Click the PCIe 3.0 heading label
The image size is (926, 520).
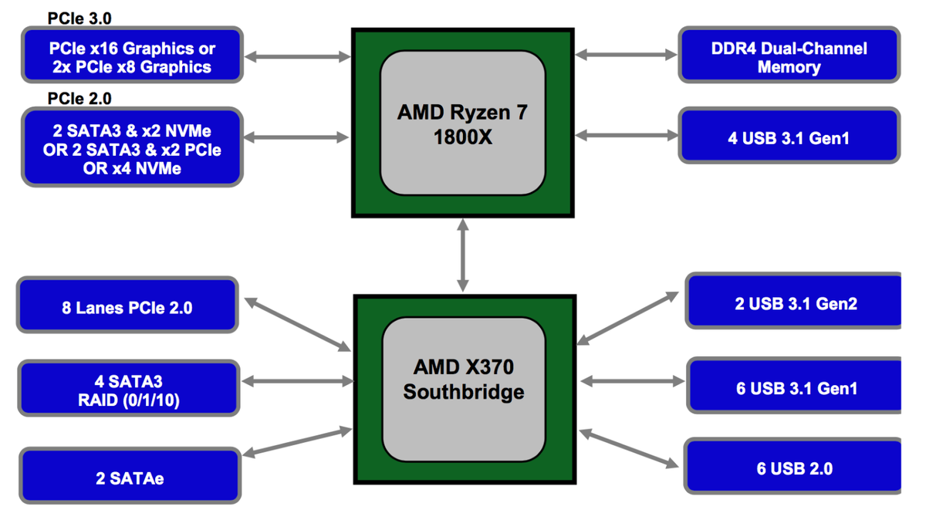click(x=79, y=18)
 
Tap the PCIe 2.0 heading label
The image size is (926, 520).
click(x=79, y=99)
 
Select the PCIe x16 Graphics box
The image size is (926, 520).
click(x=133, y=56)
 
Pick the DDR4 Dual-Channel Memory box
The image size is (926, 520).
click(x=789, y=56)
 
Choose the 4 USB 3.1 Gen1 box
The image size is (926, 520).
click(x=789, y=137)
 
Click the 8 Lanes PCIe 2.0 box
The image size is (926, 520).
click(x=127, y=307)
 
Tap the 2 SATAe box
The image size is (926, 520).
click(x=130, y=478)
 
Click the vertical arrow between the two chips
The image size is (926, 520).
click(x=462, y=255)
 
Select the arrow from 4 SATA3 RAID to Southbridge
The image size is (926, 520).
click(x=296, y=381)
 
